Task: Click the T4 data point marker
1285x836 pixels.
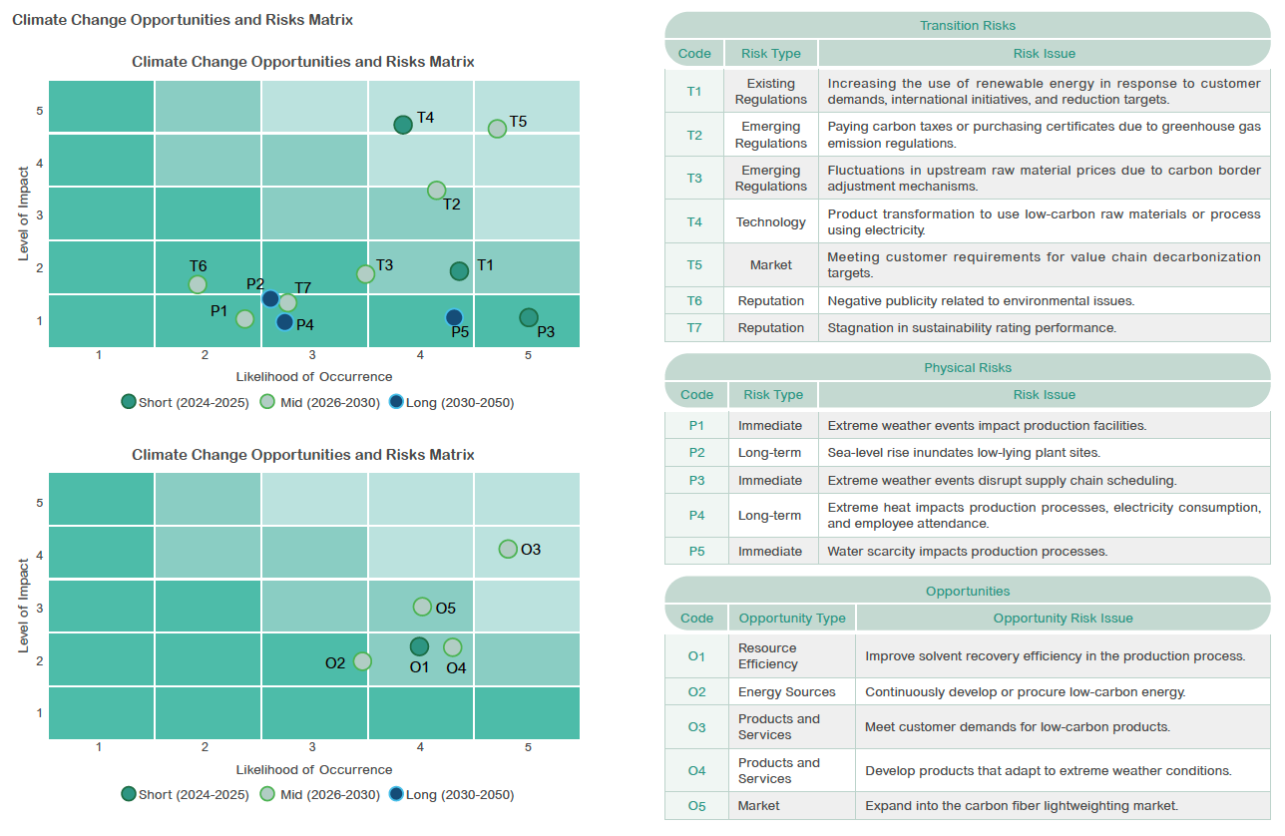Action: click(x=403, y=125)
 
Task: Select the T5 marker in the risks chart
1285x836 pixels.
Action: click(x=497, y=129)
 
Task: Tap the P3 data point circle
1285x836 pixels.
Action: click(x=529, y=317)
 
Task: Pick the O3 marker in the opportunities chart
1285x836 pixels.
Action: click(x=508, y=549)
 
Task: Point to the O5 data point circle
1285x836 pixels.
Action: click(x=422, y=607)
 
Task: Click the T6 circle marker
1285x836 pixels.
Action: click(x=198, y=284)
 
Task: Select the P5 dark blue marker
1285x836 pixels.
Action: click(x=454, y=317)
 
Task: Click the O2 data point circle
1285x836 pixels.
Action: click(x=362, y=661)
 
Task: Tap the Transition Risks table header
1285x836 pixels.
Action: click(x=967, y=25)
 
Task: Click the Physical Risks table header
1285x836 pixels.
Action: click(x=967, y=367)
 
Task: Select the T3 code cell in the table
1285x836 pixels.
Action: click(x=694, y=178)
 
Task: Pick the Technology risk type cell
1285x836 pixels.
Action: click(x=770, y=221)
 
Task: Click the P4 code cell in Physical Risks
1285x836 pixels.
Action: click(x=696, y=515)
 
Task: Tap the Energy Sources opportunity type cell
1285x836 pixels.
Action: click(x=786, y=691)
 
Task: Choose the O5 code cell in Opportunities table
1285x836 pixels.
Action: click(x=696, y=805)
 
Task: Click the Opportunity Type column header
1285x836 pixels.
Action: click(x=791, y=618)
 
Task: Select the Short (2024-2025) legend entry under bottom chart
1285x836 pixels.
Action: click(x=186, y=795)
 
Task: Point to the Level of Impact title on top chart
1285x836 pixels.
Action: click(x=23, y=213)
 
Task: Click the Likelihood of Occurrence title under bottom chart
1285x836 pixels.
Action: click(x=314, y=769)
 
